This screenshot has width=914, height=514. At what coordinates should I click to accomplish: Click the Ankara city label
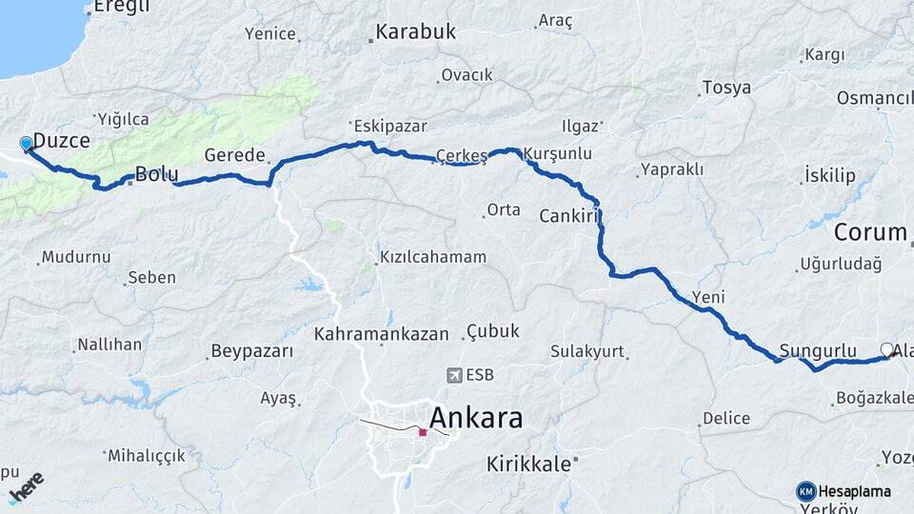click(x=476, y=418)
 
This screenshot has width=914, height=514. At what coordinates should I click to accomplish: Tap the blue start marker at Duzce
click(x=26, y=144)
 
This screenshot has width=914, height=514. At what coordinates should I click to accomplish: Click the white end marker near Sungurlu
click(x=887, y=349)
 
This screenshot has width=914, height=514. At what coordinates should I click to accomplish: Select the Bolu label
click(x=153, y=174)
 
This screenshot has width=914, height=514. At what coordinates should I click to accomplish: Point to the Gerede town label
click(x=234, y=156)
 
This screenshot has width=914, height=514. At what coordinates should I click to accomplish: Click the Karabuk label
click(x=415, y=32)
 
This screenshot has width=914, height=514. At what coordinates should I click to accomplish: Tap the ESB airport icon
click(x=453, y=375)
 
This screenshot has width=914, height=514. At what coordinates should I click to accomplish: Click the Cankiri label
click(x=567, y=216)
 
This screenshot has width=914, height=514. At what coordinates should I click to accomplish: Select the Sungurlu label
click(x=818, y=349)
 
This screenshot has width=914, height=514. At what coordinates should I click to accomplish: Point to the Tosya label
click(x=726, y=88)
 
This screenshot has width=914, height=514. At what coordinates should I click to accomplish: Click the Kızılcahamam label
click(x=433, y=257)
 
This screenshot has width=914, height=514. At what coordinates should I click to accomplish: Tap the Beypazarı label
click(x=252, y=351)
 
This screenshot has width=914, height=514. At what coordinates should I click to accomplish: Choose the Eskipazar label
click(x=389, y=126)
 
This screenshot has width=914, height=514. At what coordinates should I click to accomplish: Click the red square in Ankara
click(x=423, y=432)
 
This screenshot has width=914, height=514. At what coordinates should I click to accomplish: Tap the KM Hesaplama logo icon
click(x=806, y=491)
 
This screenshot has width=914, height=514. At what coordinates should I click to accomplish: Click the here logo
click(x=27, y=485)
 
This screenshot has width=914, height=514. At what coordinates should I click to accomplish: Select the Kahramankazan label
click(x=381, y=334)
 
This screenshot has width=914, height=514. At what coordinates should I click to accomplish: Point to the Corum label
click(x=870, y=232)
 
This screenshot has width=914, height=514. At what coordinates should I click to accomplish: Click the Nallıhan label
click(x=109, y=345)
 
